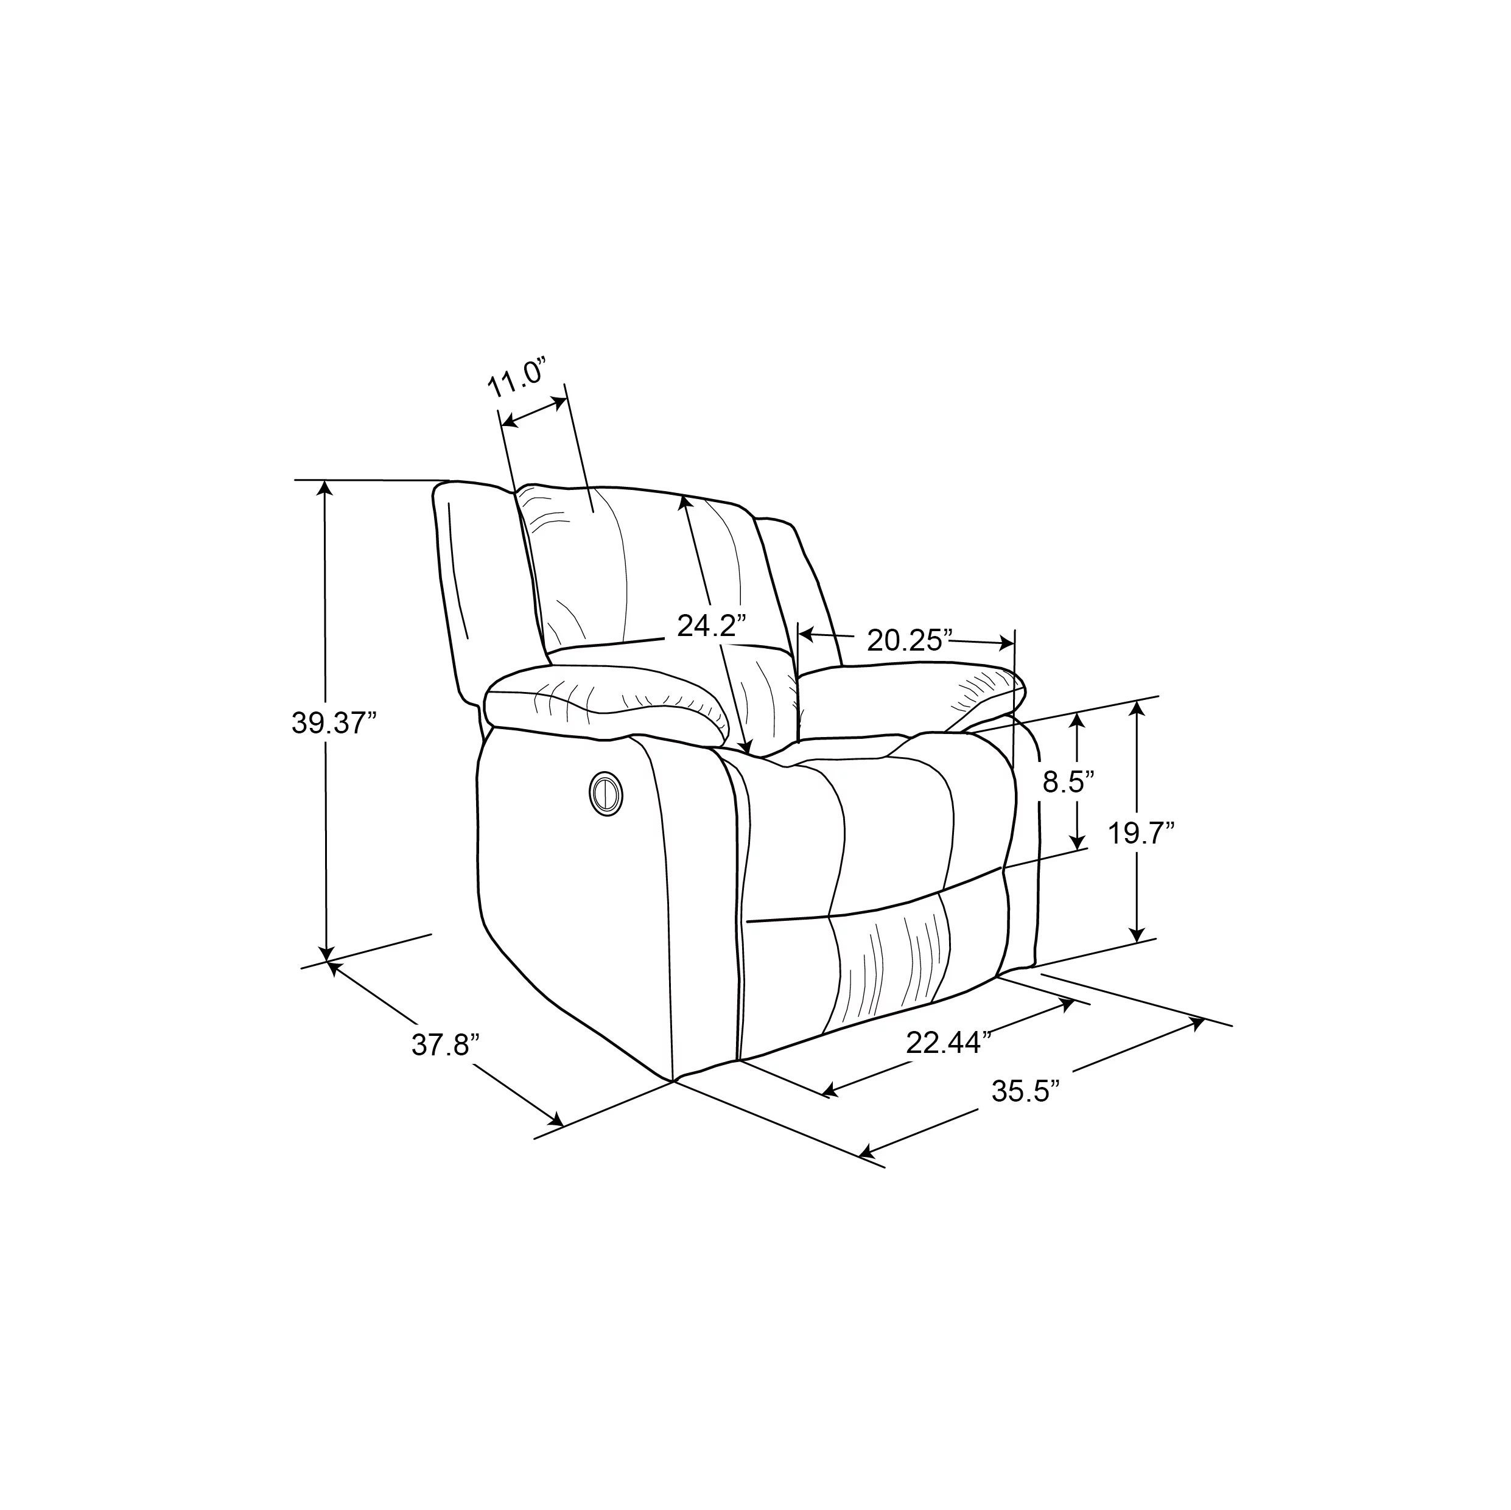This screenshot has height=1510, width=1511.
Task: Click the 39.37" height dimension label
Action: click(x=334, y=723)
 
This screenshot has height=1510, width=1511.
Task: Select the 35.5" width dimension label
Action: click(x=1025, y=1090)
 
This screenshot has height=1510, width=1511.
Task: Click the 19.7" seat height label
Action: click(x=1142, y=834)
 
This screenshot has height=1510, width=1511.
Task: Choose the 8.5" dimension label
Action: click(x=1068, y=782)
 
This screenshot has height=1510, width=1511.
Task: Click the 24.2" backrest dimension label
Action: click(x=712, y=626)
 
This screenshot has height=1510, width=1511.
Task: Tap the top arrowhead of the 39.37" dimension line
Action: click(x=325, y=486)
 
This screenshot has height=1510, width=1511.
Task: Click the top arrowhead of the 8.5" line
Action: click(x=1079, y=719)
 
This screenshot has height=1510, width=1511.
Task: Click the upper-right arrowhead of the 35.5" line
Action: click(x=1197, y=1021)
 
